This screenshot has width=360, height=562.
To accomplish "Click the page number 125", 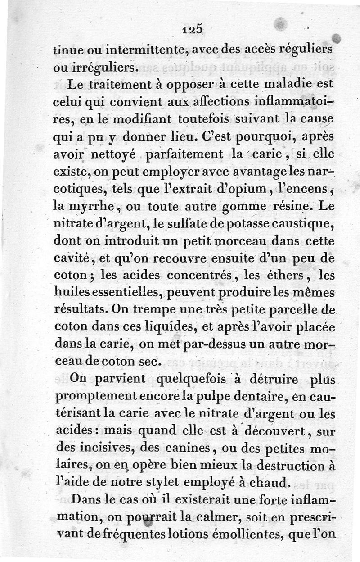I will click(x=194, y=29).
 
